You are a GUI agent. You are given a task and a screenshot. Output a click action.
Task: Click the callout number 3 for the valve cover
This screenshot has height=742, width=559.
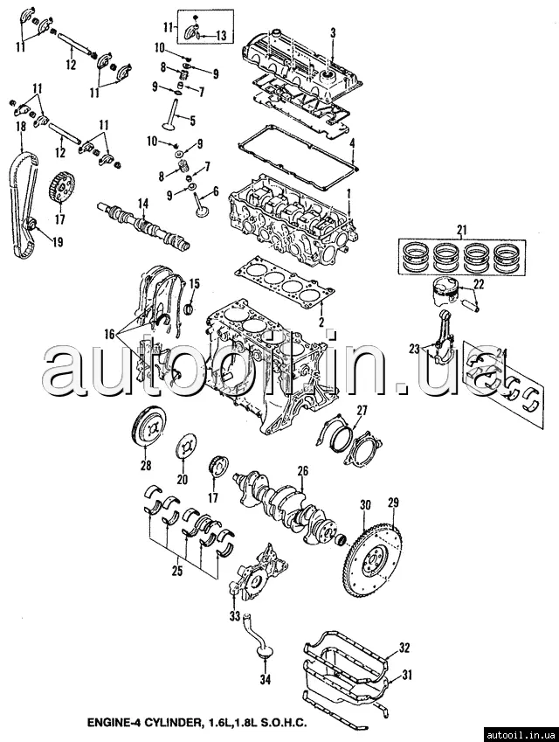[x=333, y=32]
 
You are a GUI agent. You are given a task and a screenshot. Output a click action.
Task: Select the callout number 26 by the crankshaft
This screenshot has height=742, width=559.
[x=303, y=472]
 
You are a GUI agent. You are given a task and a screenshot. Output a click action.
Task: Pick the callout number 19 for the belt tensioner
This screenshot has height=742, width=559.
[x=34, y=244]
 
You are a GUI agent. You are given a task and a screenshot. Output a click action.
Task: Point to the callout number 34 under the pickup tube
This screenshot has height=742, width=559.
[x=266, y=679]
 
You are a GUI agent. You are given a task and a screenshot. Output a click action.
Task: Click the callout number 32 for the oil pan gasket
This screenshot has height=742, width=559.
[x=404, y=648]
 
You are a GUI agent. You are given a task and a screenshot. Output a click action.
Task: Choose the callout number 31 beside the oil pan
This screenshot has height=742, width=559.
[x=408, y=676]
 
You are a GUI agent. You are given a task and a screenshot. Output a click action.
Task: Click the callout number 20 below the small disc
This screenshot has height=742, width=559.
[x=183, y=480]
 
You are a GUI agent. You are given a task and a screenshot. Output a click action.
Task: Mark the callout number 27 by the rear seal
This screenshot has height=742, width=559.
[x=362, y=410]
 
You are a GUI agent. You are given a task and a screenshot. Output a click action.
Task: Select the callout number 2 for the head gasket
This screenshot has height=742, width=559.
[x=321, y=322]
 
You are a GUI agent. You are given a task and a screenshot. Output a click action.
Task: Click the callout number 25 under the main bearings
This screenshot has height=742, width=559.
[x=176, y=572]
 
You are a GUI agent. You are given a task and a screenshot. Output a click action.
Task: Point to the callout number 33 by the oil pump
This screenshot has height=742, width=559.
[x=234, y=617]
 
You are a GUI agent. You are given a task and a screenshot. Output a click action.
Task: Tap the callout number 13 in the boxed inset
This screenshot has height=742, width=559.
[x=221, y=36]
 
